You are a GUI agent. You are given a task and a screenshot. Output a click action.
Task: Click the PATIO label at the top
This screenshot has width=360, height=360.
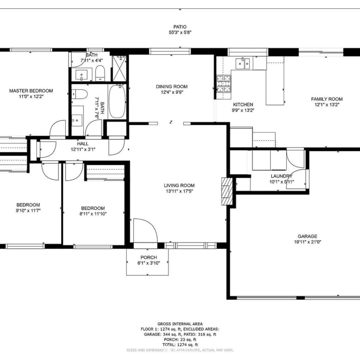tap(180, 27)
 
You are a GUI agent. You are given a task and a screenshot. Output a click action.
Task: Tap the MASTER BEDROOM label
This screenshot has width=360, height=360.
tap(31, 91)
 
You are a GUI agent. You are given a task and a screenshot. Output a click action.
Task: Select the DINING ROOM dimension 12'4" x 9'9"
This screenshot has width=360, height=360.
tap(172, 92)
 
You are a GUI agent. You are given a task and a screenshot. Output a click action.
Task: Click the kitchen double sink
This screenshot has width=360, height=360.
tap(243, 63)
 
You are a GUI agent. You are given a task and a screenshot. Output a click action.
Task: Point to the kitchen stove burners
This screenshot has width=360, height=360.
tap(224, 84)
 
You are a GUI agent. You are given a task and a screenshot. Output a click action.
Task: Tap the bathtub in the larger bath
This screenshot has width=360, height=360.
tap(117, 102)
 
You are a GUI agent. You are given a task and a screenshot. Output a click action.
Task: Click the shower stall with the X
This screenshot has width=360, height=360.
tap(120, 69)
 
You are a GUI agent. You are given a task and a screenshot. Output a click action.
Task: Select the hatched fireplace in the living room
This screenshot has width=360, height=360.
tap(225, 191)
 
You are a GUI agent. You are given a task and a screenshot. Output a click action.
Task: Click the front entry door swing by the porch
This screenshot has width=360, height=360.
tap(145, 230)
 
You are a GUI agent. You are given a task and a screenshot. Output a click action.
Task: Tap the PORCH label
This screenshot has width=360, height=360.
tap(149, 257)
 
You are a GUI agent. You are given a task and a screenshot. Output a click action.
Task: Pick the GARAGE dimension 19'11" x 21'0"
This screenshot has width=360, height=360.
tap(307, 242)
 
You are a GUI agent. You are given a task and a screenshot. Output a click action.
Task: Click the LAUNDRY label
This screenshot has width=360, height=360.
tap(282, 176)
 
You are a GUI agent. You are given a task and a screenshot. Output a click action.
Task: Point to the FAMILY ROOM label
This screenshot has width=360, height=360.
tap(327, 99)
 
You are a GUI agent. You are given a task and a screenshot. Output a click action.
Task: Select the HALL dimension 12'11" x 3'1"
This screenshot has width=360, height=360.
tap(83, 149)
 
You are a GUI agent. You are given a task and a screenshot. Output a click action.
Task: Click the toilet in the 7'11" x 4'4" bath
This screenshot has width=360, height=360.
tap(100, 73)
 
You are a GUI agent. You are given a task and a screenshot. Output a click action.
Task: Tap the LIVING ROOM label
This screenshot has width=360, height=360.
tap(179, 185)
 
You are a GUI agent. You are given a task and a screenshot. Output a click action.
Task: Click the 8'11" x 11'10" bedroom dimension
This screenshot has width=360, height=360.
tap(93, 214)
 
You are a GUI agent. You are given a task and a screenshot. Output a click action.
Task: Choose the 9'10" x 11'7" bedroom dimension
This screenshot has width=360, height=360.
tap(28, 210)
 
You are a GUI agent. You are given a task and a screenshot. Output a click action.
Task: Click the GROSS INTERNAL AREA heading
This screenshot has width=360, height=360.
tap(180, 324)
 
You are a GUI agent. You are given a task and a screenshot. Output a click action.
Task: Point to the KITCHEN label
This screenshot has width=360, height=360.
tap(243, 104)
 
